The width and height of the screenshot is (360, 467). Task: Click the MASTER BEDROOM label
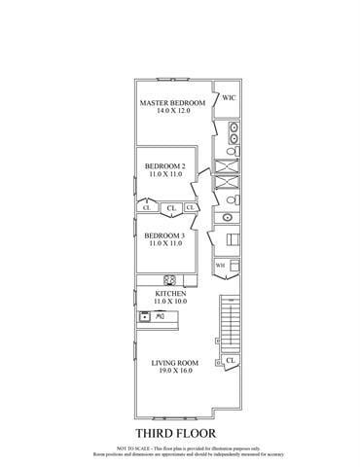coord(172,103)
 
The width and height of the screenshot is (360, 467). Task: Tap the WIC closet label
coord(229,98)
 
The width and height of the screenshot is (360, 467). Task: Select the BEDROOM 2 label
coord(164,164)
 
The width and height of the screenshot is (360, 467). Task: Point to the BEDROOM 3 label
coord(164,235)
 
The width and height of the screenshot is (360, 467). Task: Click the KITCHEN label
coord(171,294)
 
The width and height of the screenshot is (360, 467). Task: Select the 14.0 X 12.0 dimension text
coord(172,111)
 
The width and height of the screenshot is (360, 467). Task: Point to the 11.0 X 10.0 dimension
coord(171,302)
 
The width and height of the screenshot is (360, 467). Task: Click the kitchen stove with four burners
coord(168,276)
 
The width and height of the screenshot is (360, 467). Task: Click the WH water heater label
coord(220,265)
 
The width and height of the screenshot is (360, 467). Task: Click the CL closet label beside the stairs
coord(231,361)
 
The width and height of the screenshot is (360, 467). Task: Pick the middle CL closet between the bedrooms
coord(170,207)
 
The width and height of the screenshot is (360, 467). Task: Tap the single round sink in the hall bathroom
coord(229,216)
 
